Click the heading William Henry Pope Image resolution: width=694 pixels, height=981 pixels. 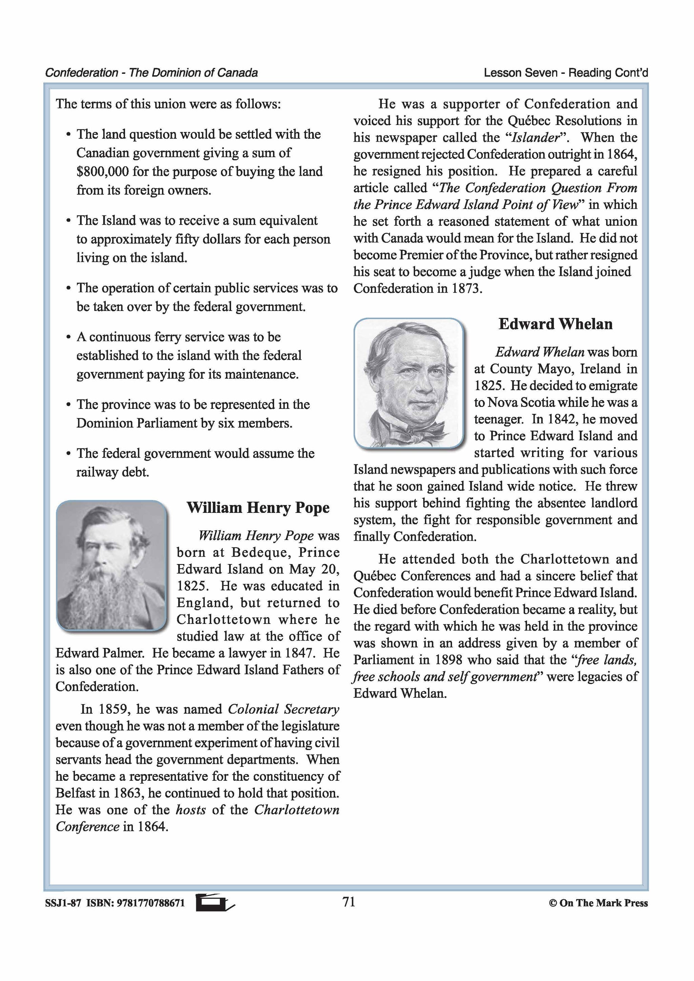point(258,507)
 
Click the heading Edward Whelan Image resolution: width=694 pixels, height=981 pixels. point(555,324)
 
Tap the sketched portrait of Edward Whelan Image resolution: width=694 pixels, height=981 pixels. point(409,383)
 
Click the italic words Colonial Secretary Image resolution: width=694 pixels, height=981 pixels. point(283,709)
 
